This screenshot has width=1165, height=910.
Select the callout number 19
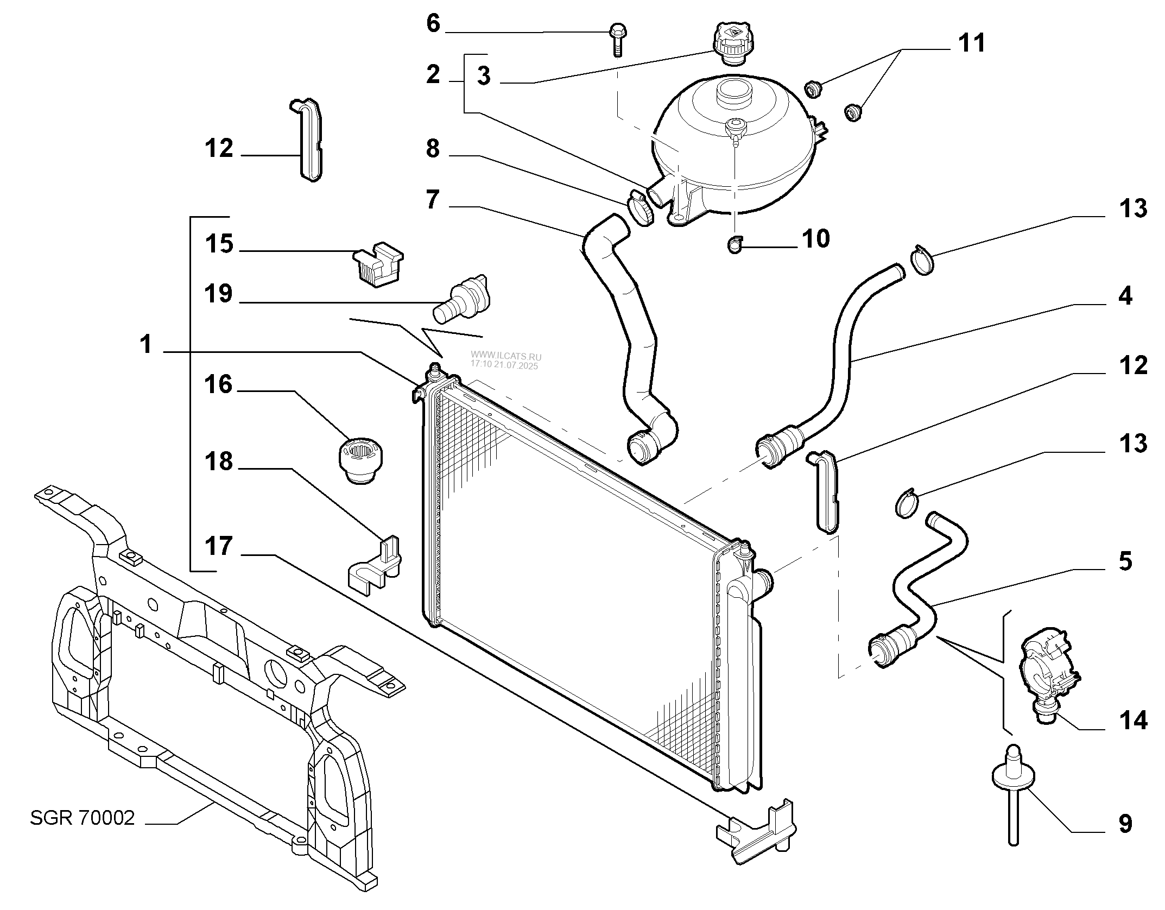pyautogui.click(x=219, y=294)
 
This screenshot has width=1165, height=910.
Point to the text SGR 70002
pyautogui.click(x=82, y=818)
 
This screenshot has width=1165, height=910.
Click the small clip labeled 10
pyautogui.click(x=735, y=245)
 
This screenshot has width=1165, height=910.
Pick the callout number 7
pyautogui.click(x=433, y=200)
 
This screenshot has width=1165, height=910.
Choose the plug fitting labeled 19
pyautogui.click(x=461, y=300)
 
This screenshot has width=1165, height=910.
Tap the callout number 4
pyautogui.click(x=1125, y=296)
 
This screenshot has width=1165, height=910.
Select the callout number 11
pyautogui.click(x=971, y=43)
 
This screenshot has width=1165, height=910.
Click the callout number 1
pyautogui.click(x=146, y=345)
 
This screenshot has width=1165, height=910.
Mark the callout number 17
pyautogui.click(x=219, y=546)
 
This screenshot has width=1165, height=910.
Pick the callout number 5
pyautogui.click(x=1125, y=561)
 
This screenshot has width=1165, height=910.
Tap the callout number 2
pyautogui.click(x=433, y=74)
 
